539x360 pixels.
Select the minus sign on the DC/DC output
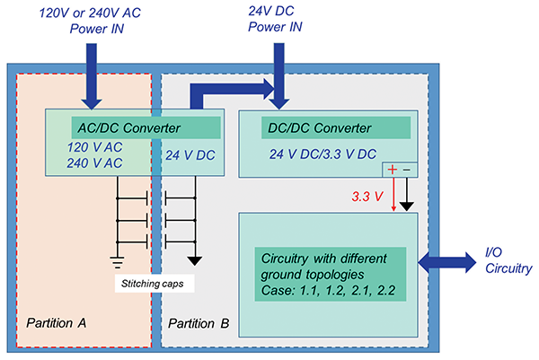click(x=406, y=170)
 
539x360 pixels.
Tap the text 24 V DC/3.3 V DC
click(x=321, y=153)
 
